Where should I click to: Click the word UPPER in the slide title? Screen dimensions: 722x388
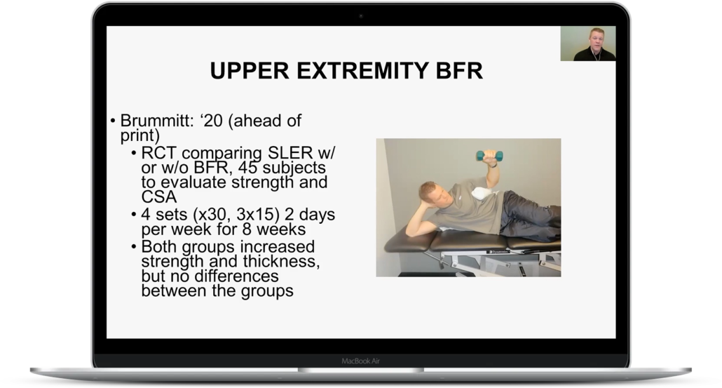tap(250, 71)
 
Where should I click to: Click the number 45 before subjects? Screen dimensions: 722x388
tap(247, 168)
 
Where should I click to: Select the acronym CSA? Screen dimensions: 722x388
tap(159, 196)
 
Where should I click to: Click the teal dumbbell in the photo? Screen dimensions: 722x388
tap(489, 156)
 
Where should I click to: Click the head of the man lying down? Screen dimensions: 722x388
tap(431, 196)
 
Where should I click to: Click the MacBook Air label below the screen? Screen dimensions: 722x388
tap(360, 361)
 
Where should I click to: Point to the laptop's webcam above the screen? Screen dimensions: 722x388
tap(361, 16)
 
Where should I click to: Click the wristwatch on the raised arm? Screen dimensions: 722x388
tap(493, 164)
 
